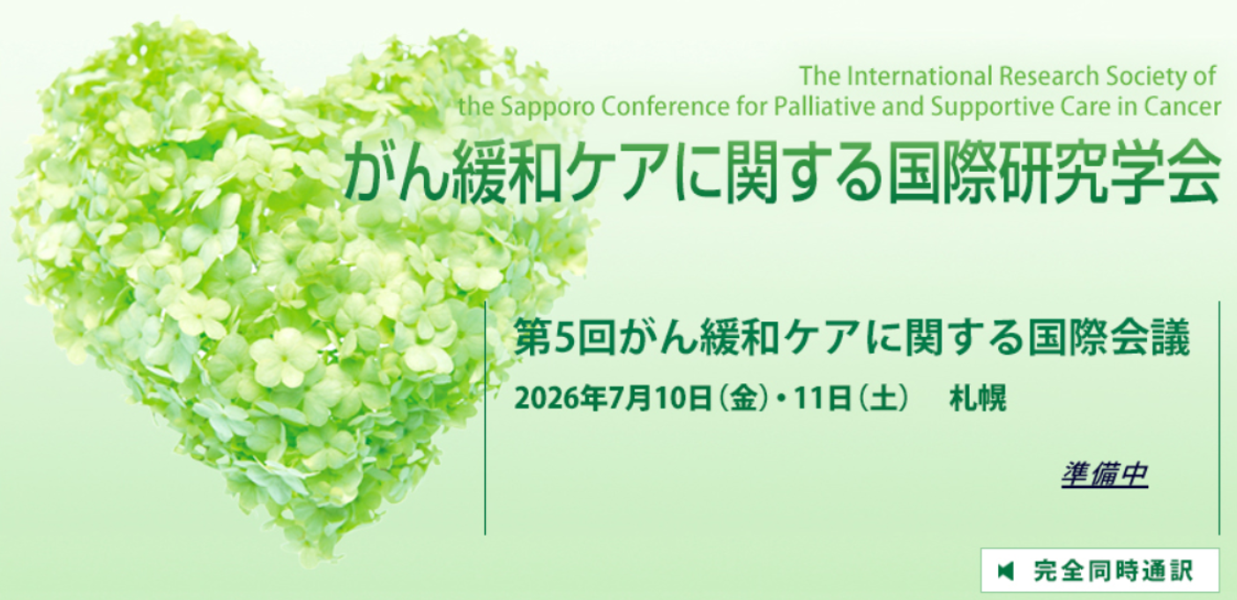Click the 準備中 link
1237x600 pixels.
click(1105, 475)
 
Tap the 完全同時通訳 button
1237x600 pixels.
click(1100, 570)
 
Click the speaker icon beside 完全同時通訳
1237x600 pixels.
click(1006, 571)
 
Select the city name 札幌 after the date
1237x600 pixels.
click(978, 398)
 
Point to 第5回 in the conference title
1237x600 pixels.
click(564, 338)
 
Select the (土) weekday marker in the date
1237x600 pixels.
click(883, 398)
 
